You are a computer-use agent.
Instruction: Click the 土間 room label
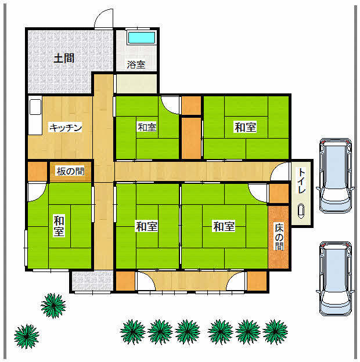[64, 58]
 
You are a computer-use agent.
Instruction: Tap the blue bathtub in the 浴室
[142, 38]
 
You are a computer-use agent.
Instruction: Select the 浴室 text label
[136, 64]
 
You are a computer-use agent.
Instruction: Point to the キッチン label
[66, 128]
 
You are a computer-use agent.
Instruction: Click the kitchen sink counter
[35, 117]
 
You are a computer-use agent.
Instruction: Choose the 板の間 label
[70, 171]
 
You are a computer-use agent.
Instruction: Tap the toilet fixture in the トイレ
[301, 211]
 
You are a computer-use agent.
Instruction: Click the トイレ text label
[301, 180]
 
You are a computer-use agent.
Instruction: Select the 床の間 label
[279, 237]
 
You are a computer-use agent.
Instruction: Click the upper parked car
[335, 175]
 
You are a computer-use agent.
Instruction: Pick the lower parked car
[335, 278]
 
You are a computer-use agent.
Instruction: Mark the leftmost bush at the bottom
[26, 336]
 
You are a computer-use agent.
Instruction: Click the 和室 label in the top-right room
[246, 127]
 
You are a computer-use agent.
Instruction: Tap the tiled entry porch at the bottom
[92, 281]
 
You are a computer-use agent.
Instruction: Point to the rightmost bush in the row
[275, 332]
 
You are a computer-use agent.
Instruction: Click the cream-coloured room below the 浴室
[136, 84]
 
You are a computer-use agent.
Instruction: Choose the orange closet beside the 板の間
[37, 171]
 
